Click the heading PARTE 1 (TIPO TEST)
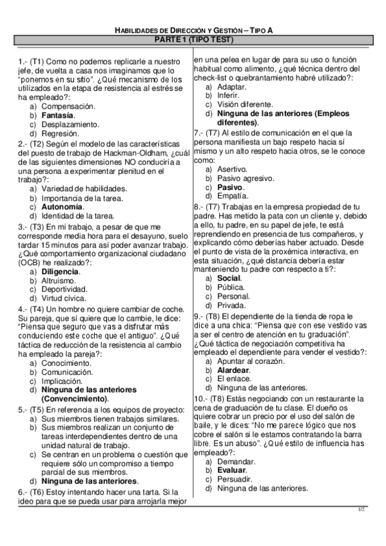pyautogui.click(x=193, y=40)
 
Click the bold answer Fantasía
pyautogui.click(x=57, y=115)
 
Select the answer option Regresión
pyautogui.click(x=60, y=133)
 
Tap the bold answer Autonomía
pyautogui.click(x=62, y=207)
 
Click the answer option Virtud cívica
pyautogui.click(x=63, y=299)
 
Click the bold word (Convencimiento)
pyautogui.click(x=75, y=399)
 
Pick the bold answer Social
pyautogui.click(x=229, y=278)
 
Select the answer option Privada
pyautogui.click(x=232, y=306)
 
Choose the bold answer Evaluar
pyautogui.click(x=232, y=470)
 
